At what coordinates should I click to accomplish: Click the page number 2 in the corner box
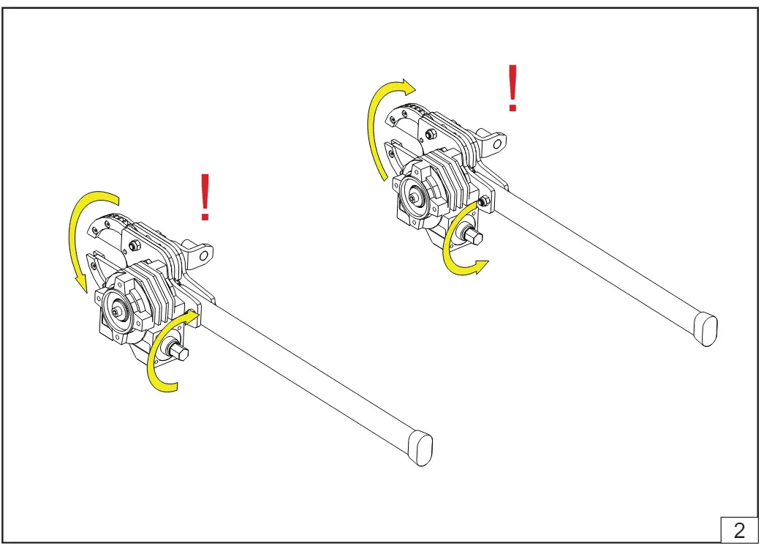tap(739, 530)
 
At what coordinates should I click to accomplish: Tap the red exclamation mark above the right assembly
tap(513, 88)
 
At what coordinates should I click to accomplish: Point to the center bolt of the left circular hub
tap(117, 311)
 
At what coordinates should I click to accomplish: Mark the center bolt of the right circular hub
tap(415, 197)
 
